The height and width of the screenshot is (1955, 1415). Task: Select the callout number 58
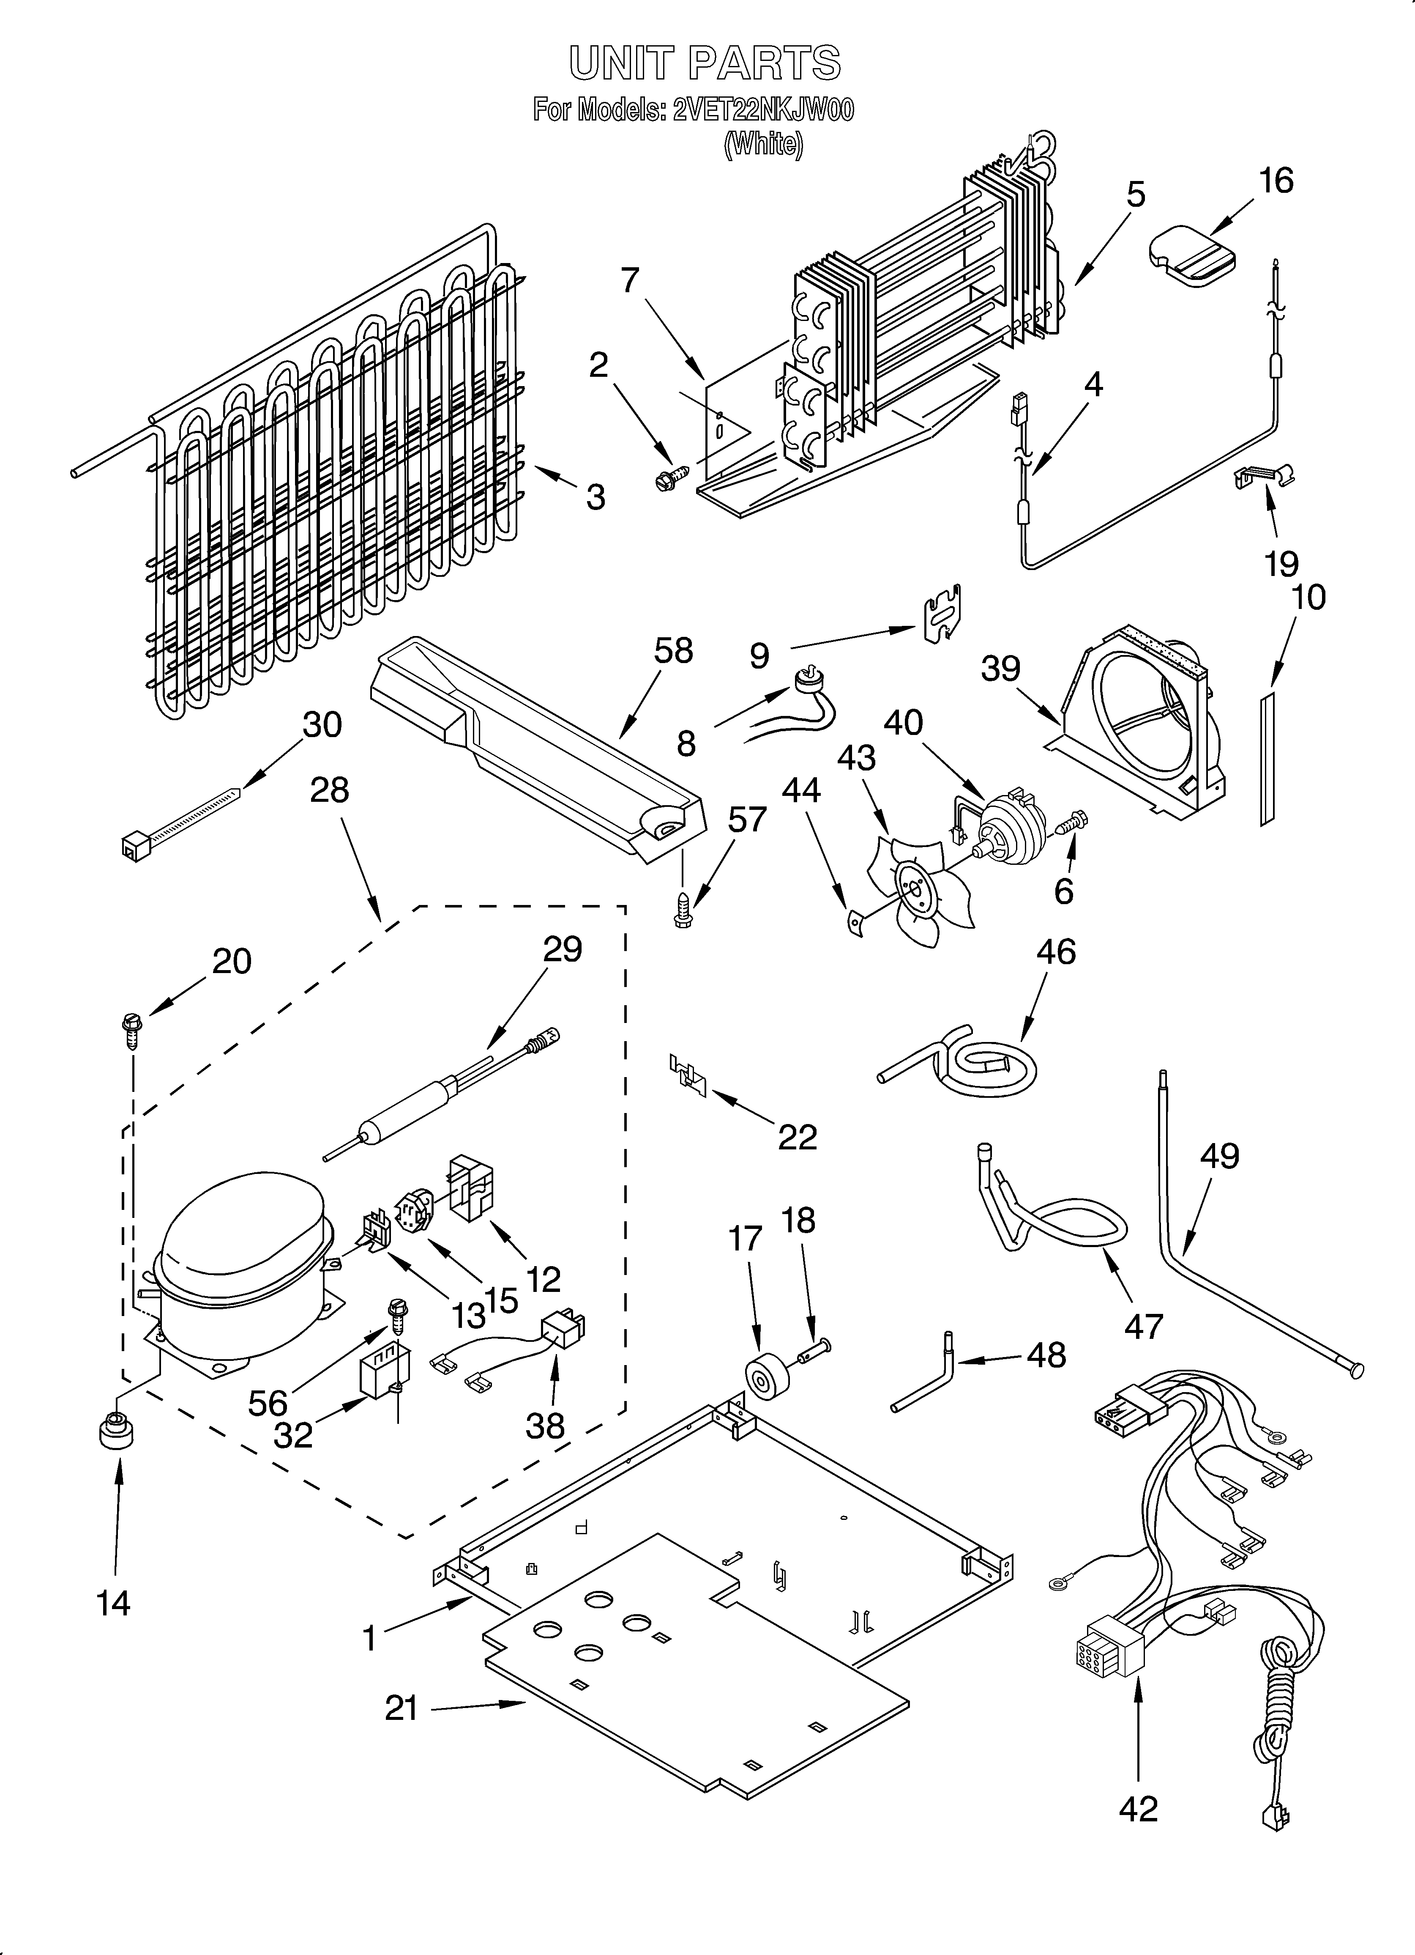[673, 652]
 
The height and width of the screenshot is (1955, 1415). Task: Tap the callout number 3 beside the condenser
[596, 497]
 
